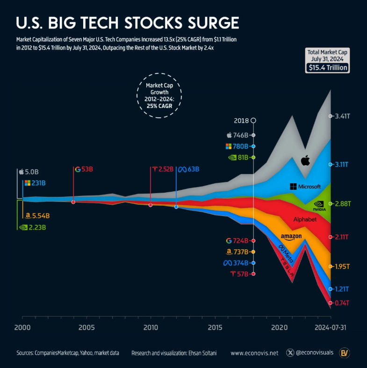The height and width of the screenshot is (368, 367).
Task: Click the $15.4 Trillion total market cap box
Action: (327, 67)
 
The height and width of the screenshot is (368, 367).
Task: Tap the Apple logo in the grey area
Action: (305, 160)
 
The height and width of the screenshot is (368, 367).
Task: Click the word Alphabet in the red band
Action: (305, 219)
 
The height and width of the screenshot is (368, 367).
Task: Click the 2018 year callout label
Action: (241, 121)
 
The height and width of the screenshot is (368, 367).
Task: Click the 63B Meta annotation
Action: (189, 169)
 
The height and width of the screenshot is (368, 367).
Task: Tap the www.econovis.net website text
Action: (254, 353)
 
